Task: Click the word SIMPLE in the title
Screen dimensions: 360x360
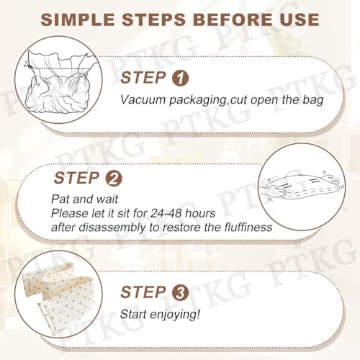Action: (78, 19)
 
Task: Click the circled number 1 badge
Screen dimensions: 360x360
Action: (181, 78)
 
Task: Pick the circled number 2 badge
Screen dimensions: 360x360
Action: (114, 179)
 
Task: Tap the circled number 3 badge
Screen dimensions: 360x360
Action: (181, 292)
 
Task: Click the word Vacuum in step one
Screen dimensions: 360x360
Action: (143, 99)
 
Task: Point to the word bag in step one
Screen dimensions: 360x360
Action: (312, 100)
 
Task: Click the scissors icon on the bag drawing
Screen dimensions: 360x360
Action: (26, 64)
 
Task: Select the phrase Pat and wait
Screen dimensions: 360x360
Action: (85, 199)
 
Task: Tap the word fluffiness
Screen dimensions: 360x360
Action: (248, 227)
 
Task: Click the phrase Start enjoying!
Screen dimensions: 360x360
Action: (160, 315)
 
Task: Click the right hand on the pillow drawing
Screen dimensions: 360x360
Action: (330, 179)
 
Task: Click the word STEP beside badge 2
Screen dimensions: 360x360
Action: (76, 178)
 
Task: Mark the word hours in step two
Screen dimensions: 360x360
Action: (200, 213)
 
